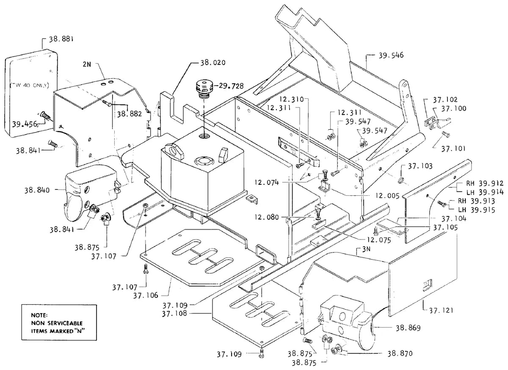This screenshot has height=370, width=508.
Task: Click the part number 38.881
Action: coord(61,39)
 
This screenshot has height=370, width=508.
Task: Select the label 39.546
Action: coord(391,55)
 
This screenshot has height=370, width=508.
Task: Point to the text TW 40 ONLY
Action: coord(30,86)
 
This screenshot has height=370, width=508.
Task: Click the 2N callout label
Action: coord(87,64)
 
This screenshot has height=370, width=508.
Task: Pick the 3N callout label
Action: coord(366,249)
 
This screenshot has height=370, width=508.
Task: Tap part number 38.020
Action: coord(213,63)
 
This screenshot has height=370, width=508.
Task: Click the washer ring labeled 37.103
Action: coord(401,181)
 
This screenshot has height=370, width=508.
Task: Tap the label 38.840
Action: coord(37,190)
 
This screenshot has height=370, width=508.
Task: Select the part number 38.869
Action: coord(408,328)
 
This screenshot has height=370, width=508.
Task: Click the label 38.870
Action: coord(400,353)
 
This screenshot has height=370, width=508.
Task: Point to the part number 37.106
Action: coord(146,295)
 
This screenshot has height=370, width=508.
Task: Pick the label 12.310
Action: coord(291,99)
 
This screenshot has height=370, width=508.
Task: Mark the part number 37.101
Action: coord(453,149)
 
